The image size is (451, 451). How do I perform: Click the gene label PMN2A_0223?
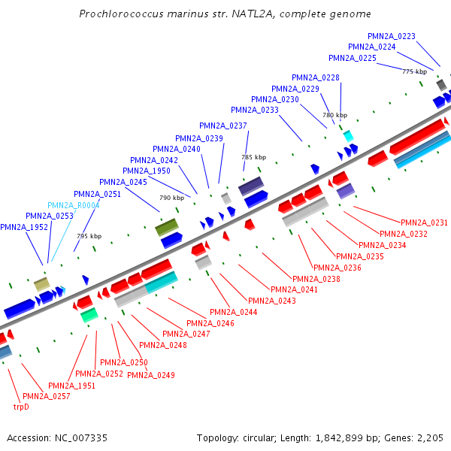point(392,36)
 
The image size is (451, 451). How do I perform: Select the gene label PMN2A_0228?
point(316,77)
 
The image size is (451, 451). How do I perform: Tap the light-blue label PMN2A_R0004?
point(74,205)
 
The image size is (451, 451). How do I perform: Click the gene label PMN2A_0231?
point(424,222)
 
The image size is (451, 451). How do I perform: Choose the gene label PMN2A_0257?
point(47,396)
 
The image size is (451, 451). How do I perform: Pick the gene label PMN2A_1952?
point(24,227)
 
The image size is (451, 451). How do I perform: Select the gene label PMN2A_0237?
point(223,126)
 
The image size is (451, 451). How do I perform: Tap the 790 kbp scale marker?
point(171,198)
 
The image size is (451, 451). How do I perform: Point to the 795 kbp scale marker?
point(89,236)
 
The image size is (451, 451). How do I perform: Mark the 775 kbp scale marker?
point(414,71)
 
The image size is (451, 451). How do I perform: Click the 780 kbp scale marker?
point(335,115)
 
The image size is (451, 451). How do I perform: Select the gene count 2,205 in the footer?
point(430,437)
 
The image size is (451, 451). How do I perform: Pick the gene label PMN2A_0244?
point(233,312)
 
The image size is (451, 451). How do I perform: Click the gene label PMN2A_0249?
point(151,375)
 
